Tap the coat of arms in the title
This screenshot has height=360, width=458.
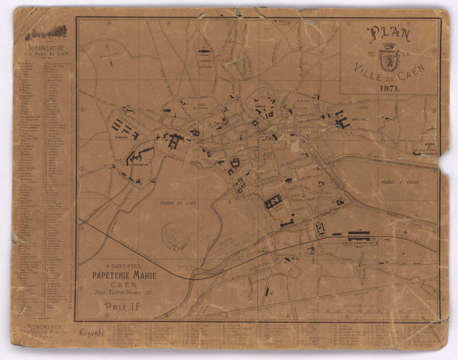[388, 57]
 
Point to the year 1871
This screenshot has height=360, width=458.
[389, 88]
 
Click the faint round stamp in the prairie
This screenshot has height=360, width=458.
[176, 235]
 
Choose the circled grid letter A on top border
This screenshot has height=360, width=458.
[109, 22]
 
